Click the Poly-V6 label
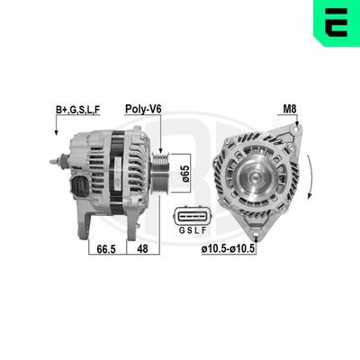click(x=143, y=109)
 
